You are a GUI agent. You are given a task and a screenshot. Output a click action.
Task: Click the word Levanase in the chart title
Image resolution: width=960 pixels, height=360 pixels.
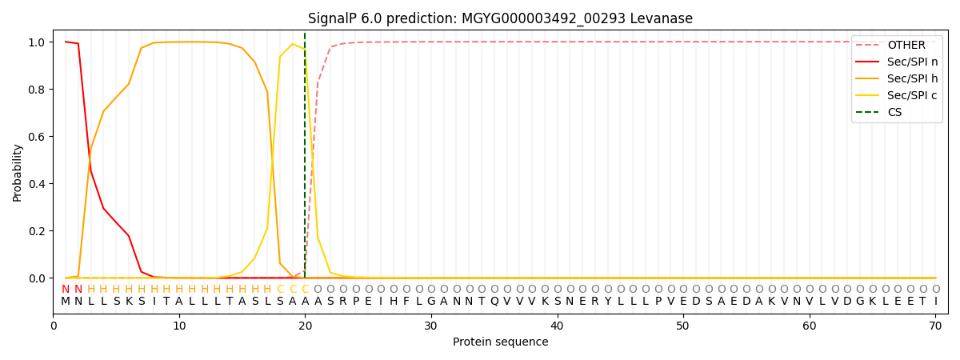665,18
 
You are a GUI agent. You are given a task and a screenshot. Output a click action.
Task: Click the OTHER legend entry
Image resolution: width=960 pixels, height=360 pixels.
906,46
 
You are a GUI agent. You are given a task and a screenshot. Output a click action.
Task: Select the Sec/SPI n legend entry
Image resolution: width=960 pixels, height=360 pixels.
912,62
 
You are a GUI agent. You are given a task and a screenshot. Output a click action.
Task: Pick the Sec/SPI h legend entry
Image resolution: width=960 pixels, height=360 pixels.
912,78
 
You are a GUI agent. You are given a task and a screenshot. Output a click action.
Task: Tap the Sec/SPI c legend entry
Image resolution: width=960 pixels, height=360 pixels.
912,95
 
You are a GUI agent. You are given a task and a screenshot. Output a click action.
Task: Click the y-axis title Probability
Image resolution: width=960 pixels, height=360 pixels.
18,173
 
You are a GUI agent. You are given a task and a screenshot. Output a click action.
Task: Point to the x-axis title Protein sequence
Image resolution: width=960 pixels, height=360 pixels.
500,342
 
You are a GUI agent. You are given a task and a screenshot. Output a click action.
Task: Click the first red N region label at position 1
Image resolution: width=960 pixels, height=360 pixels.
66,290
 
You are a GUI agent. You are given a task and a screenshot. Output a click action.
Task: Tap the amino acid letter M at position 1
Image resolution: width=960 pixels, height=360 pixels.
66,302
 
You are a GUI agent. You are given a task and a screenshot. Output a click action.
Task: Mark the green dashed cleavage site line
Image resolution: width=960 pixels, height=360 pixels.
305,160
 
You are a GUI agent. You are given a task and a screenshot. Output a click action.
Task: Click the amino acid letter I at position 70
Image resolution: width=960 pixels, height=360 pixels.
935,302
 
